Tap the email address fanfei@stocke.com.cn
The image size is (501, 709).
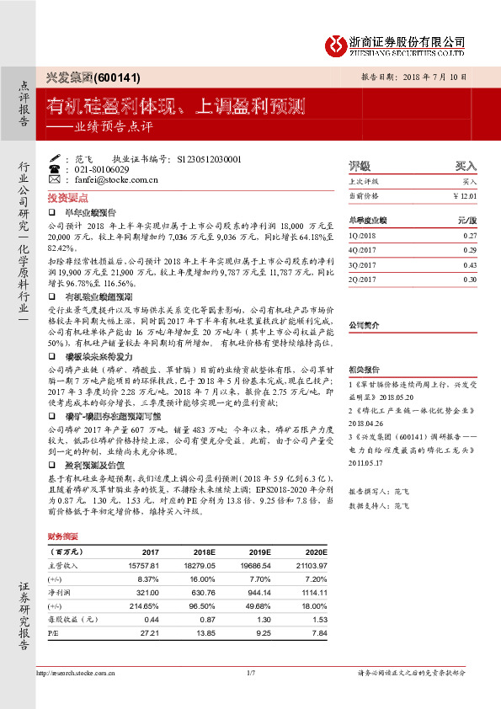pos(98,179)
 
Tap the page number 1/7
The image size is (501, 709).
pos(250,672)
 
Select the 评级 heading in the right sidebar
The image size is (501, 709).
pos(360,166)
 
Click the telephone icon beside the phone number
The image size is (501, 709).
pos(55,169)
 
